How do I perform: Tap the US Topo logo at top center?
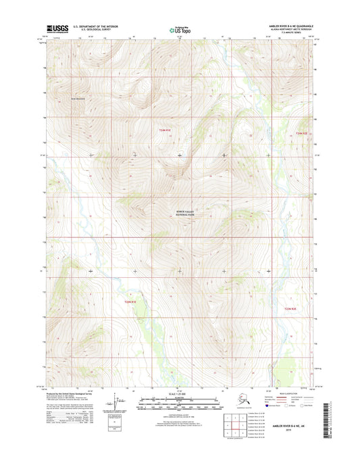[180, 29]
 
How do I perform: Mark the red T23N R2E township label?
[290, 310]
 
